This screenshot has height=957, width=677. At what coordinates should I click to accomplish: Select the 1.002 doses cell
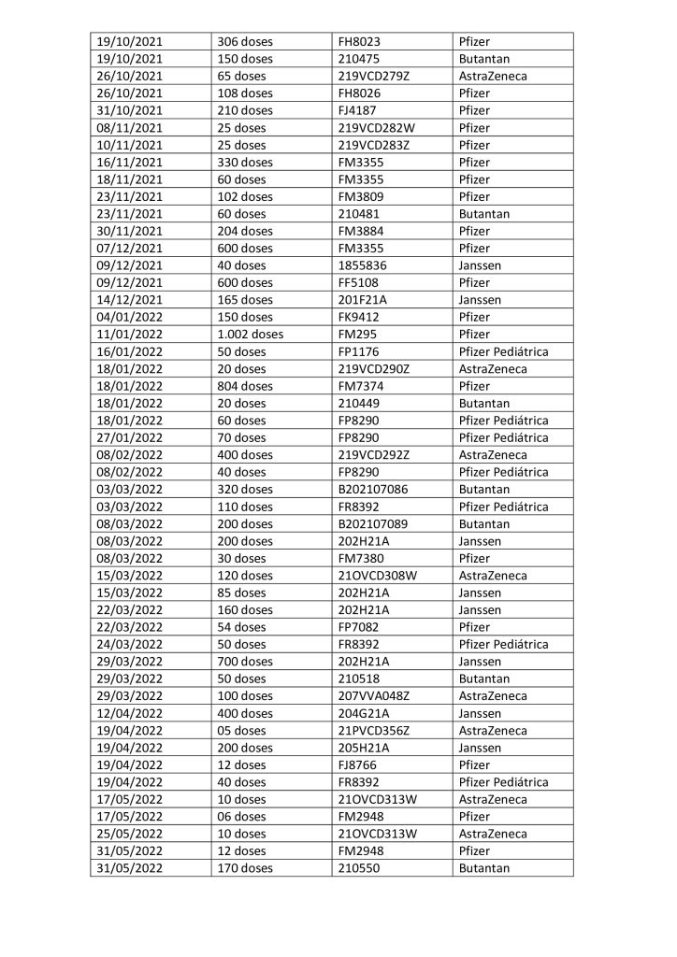[x=250, y=335]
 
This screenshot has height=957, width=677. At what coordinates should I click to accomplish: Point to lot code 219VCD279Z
[x=375, y=76]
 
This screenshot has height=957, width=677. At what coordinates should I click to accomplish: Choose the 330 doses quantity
[x=245, y=163]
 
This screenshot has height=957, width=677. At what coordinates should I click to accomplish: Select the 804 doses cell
[x=245, y=386]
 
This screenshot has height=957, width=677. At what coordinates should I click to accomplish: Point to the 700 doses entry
[x=245, y=662]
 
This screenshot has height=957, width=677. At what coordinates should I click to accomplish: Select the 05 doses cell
[x=241, y=730]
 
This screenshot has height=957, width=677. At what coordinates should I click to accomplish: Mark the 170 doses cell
[x=245, y=868]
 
